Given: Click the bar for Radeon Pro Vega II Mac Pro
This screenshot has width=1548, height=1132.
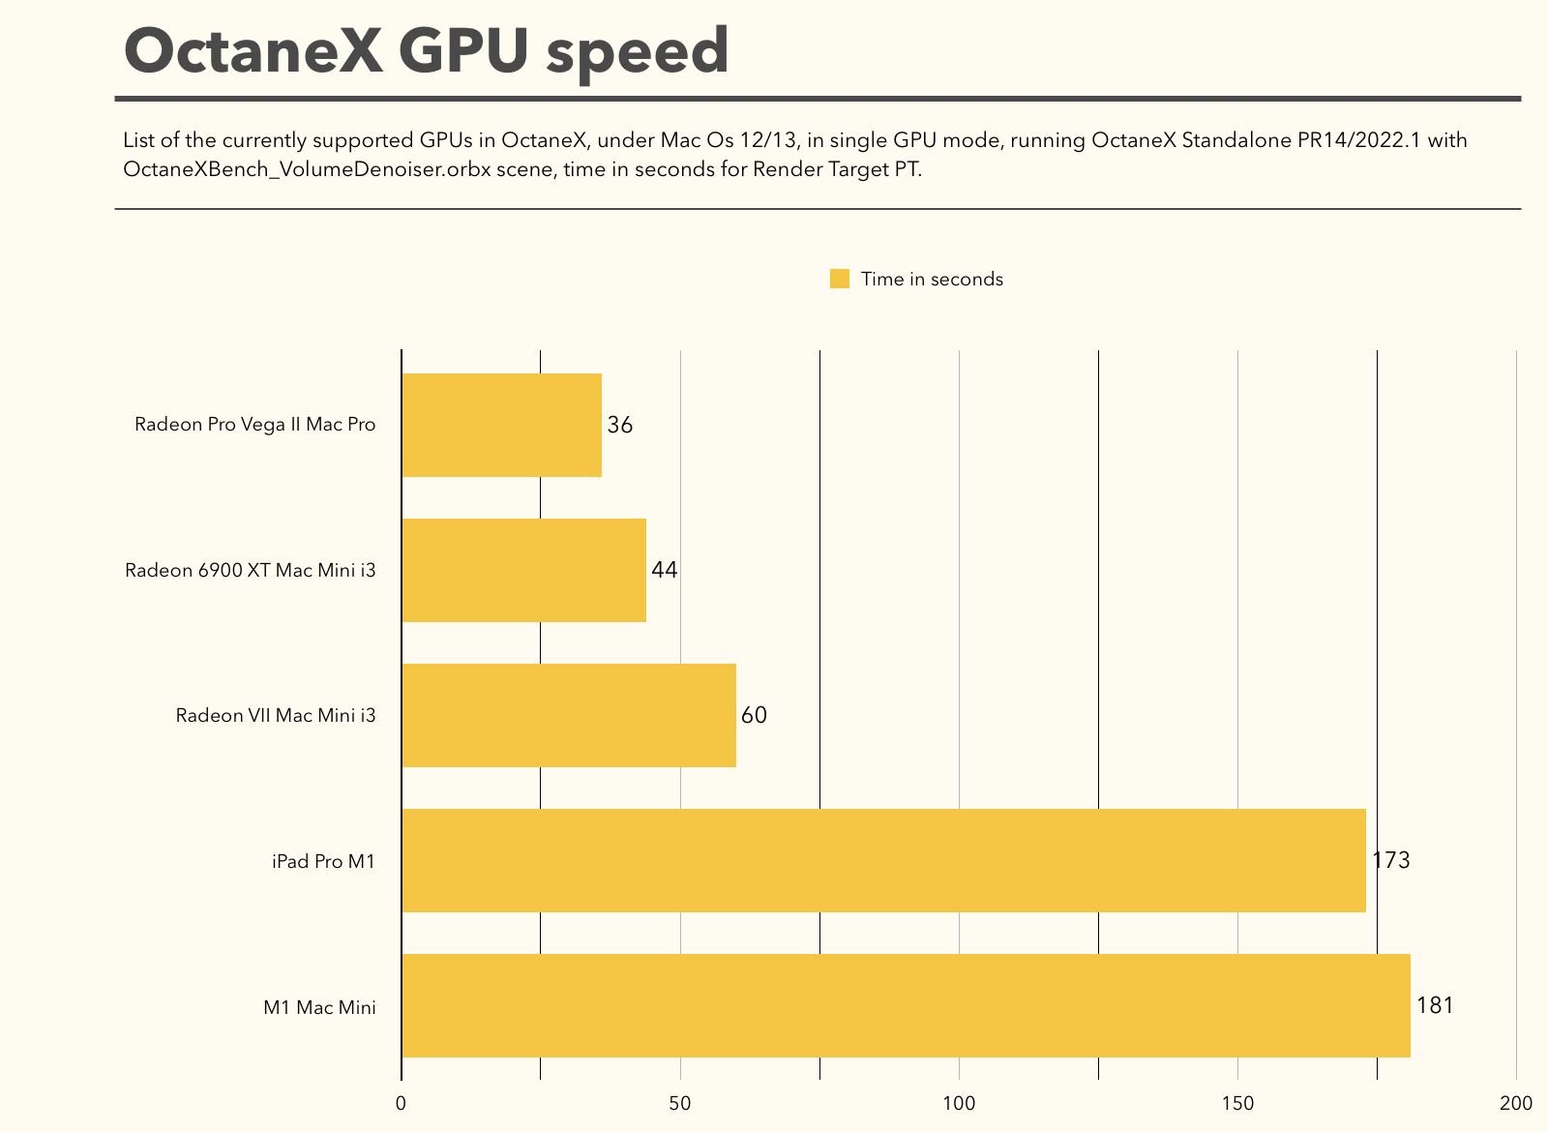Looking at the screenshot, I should [x=501, y=425].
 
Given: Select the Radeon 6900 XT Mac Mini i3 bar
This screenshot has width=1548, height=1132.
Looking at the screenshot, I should [x=523, y=570].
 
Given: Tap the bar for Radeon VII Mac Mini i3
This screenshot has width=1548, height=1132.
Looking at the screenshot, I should [x=568, y=715].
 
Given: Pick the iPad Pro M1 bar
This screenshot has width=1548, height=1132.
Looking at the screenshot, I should [x=882, y=860].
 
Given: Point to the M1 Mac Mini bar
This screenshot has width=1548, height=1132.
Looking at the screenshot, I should [x=905, y=1005].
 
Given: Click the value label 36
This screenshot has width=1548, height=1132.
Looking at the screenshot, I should [x=620, y=425].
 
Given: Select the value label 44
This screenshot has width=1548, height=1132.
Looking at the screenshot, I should [x=665, y=570].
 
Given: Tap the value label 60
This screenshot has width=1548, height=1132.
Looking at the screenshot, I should [x=754, y=715].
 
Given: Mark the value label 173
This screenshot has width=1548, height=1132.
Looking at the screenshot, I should [x=1391, y=860].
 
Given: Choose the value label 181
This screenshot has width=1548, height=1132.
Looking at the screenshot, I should [x=1435, y=1005].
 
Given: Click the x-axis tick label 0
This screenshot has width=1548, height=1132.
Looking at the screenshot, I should [x=401, y=1104].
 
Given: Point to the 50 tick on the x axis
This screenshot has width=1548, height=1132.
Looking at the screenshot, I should [x=680, y=1104].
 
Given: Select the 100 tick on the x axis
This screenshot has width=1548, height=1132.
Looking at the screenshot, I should [x=959, y=1104].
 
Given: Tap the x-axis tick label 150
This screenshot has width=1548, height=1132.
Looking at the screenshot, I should [x=1237, y=1104].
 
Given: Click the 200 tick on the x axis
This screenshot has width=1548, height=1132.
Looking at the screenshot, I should [x=1516, y=1104].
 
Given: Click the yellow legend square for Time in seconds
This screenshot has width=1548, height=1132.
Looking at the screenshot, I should [x=840, y=279].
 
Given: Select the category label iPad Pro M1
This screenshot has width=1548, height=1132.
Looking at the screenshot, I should [x=323, y=860].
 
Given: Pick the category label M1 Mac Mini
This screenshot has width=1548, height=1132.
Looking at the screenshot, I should [x=319, y=1007].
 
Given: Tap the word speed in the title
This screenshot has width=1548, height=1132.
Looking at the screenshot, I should [x=637, y=53].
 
